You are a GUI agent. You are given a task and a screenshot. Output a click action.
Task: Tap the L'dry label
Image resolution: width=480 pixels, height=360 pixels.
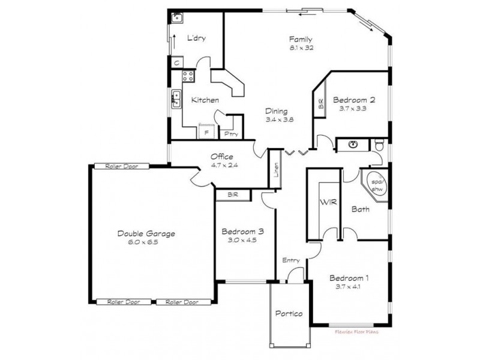coord(196,38)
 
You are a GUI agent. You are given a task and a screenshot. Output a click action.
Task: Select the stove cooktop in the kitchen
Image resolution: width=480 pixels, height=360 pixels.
coord(188,76)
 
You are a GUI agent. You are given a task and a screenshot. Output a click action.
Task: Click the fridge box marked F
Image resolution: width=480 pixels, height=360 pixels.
coord(206,132)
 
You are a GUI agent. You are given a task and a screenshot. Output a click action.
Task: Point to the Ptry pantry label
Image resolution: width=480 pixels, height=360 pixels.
coord(229,134)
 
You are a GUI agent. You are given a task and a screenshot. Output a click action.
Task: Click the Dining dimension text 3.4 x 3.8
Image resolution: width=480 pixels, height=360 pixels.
coord(280,120)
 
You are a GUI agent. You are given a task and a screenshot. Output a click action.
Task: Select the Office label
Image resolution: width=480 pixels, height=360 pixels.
coord(221,157)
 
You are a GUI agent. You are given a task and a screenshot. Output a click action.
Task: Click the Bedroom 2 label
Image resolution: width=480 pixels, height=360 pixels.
coord(354,100)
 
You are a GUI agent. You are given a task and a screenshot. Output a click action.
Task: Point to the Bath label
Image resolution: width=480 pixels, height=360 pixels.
coord(360,209)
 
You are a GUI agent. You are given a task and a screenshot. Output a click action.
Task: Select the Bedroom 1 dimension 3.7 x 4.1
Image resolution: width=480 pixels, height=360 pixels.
coord(349,286)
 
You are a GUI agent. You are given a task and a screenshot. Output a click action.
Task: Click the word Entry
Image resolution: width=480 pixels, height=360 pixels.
coord(291,260)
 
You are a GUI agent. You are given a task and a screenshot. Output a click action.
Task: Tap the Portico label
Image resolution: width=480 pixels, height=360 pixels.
coord(289,314)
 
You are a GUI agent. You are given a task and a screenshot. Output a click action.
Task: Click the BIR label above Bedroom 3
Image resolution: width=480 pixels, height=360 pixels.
coord(233,195)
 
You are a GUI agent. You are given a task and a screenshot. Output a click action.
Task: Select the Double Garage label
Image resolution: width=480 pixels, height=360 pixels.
coord(146,233)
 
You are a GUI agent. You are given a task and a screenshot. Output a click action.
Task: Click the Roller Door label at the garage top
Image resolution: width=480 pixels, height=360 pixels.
coord(118,166)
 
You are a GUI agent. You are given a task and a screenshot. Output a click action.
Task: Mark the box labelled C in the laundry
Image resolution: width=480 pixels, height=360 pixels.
coord(178,62)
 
